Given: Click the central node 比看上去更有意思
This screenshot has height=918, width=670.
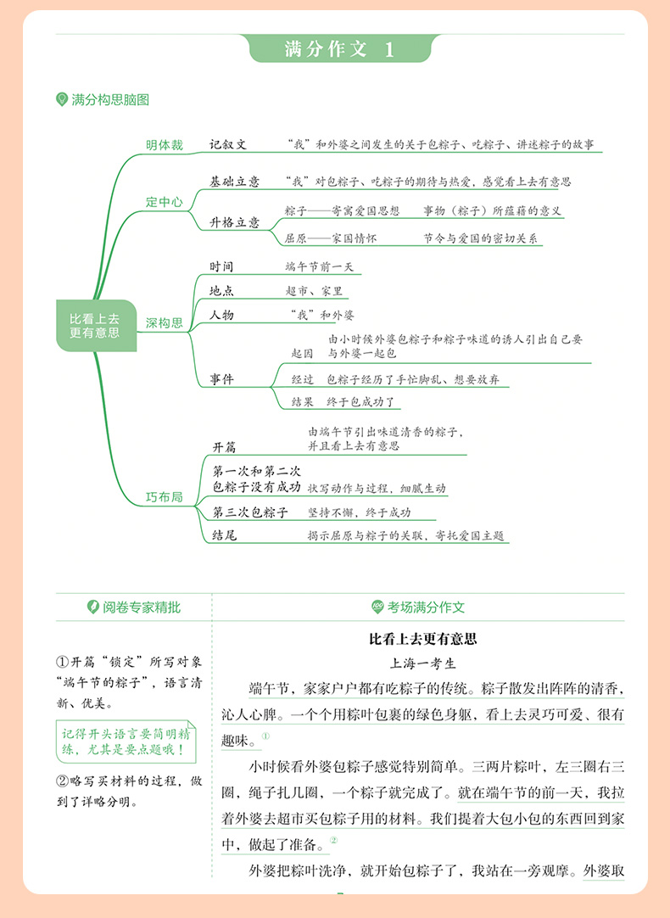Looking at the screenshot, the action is point(96,326).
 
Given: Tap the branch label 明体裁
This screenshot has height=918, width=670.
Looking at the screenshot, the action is point(165,144).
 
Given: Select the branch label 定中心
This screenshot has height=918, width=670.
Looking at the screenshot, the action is point(165,202).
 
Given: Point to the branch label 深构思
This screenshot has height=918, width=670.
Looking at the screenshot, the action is point(165,322).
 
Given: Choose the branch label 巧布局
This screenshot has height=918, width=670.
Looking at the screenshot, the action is point(165,497).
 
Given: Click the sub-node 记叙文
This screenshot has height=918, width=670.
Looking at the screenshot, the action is point(228,144).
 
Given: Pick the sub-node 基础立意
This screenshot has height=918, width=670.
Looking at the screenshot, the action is point(235,182).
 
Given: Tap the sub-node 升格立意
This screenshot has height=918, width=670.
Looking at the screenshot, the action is point(235,222).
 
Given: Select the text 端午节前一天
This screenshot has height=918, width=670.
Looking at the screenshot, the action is point(320,267).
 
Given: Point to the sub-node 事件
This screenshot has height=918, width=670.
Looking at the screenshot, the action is point(221,379).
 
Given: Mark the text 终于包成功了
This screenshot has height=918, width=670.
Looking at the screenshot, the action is point(361,401).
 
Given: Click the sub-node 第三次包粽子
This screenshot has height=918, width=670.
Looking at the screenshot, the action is point(250,512).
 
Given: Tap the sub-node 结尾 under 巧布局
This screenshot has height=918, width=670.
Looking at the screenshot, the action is point(225,535).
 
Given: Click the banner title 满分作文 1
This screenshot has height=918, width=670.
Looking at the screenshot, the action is point(340,48).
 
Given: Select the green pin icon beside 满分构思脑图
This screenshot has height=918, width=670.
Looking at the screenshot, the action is point(61,99).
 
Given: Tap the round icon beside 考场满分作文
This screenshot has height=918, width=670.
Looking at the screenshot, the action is point(378,607).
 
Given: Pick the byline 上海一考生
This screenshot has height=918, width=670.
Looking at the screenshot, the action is point(423,663).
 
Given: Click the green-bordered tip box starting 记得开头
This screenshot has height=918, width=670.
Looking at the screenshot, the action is point(126,742).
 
